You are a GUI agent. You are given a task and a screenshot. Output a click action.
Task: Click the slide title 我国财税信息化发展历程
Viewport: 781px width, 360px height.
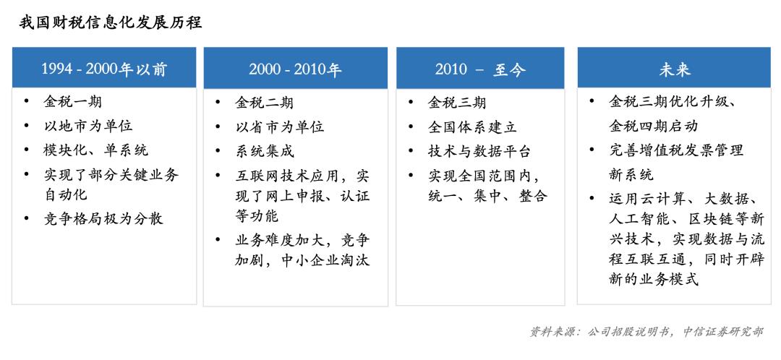coord(111,23)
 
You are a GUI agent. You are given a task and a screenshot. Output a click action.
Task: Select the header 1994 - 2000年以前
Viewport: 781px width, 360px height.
coord(104,69)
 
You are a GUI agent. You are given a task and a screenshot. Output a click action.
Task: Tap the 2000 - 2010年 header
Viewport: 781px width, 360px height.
coord(295,69)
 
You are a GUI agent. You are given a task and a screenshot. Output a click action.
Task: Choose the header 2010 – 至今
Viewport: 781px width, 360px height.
coord(480,69)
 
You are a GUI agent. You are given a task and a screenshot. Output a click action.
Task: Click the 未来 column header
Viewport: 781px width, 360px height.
coord(675,69)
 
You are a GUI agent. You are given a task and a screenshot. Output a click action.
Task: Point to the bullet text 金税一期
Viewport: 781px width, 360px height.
coord(73,102)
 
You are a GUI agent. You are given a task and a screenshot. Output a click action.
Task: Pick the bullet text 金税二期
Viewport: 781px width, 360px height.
coord(265,103)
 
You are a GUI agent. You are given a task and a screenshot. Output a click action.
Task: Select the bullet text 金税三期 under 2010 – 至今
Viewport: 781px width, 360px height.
coord(457,103)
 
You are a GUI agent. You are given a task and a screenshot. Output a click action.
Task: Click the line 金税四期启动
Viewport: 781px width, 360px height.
coord(653,126)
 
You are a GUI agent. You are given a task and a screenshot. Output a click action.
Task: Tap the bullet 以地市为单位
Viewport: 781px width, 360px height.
coord(88,126)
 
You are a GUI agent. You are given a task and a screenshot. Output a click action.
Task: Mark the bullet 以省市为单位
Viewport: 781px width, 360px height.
coord(280,127)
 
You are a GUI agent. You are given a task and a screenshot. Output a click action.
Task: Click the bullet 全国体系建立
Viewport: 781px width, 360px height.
coord(472,127)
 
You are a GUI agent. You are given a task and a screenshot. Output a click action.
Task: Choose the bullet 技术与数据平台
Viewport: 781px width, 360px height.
coord(479,151)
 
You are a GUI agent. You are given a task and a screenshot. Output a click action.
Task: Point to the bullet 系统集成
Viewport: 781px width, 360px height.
coord(265,151)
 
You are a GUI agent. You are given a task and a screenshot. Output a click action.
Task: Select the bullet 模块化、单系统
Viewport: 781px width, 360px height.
coord(95,150)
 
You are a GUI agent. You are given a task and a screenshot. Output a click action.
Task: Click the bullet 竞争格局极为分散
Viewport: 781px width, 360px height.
coord(103,218)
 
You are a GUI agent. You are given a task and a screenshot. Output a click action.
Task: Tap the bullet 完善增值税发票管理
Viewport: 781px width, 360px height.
coord(676,150)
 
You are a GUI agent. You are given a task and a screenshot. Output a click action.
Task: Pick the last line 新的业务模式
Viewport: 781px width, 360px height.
coord(654,278)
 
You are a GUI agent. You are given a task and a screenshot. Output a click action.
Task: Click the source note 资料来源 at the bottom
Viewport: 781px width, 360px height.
coord(646,332)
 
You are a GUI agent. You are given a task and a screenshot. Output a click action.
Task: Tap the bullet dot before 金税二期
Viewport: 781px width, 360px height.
coord(218,103)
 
